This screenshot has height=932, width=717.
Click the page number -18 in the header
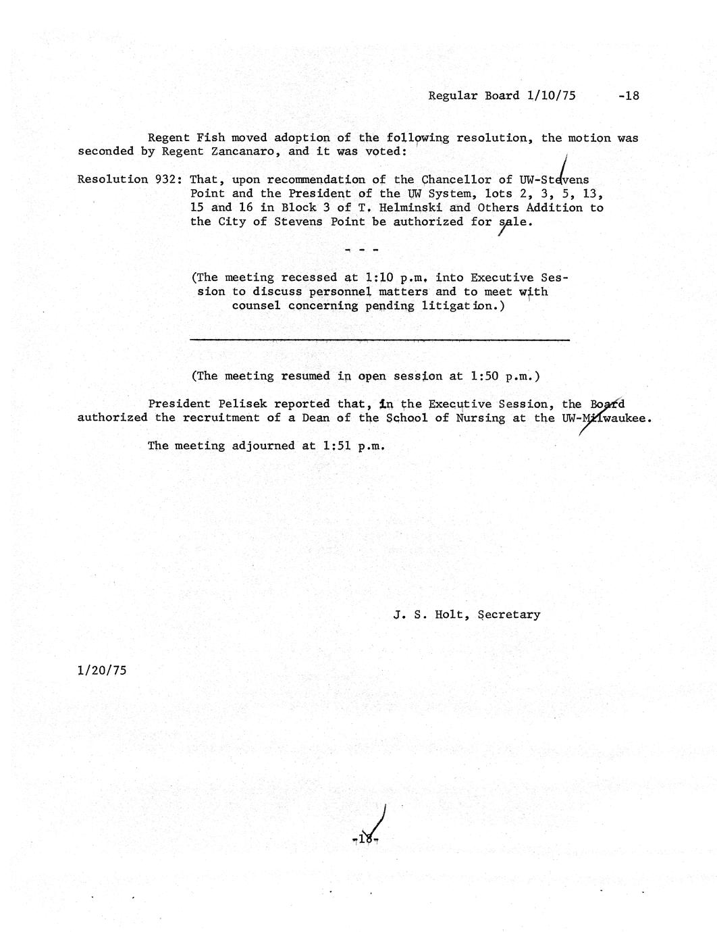(x=628, y=96)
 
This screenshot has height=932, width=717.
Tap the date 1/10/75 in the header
(x=551, y=96)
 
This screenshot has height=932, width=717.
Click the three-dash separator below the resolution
(x=361, y=250)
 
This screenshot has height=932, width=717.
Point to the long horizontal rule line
(x=379, y=340)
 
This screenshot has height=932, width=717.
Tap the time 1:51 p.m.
(x=354, y=446)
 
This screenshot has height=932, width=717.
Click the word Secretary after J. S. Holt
(x=508, y=615)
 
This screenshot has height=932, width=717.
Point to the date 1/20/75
(x=102, y=671)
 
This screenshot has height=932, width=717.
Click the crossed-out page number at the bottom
(x=367, y=839)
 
